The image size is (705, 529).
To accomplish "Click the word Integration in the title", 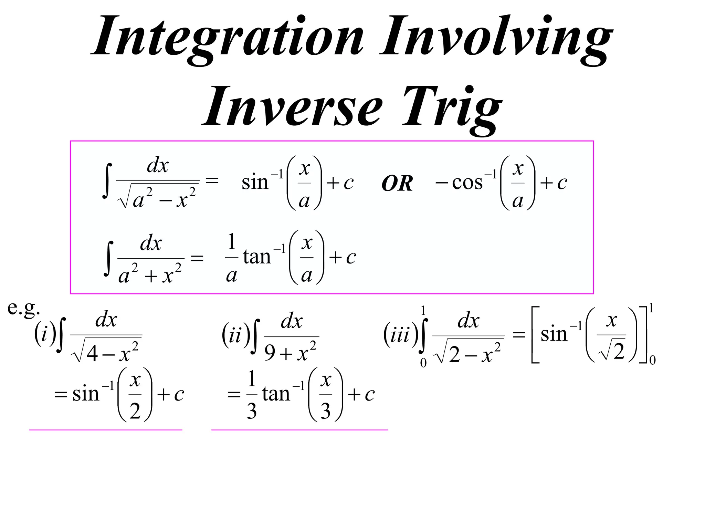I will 227,36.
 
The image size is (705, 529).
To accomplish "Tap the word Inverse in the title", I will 293,107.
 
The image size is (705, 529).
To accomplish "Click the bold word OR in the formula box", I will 397,183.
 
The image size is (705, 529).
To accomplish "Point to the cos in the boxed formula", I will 467,183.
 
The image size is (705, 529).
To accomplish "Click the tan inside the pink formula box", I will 257,257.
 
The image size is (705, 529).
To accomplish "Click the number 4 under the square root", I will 92,354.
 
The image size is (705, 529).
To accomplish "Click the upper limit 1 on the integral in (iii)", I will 423,311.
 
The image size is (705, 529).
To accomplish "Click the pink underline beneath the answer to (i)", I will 106,430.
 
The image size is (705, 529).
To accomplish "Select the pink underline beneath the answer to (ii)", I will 299,430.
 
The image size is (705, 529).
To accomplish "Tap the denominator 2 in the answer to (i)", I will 135,411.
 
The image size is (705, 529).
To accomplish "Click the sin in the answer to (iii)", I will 554,334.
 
